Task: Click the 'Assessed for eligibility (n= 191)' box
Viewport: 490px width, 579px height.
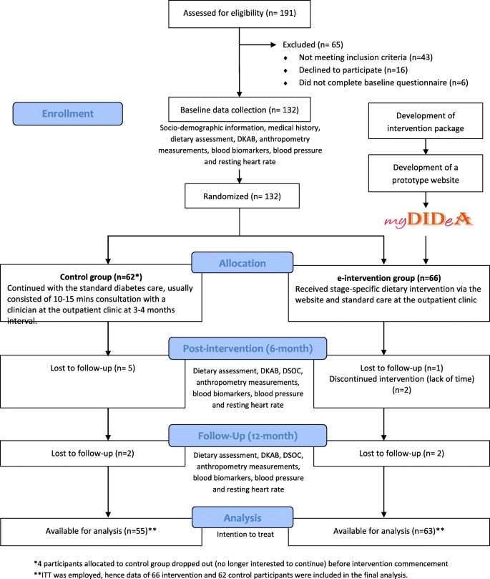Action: pyautogui.click(x=240, y=14)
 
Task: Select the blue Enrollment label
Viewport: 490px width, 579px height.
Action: pyautogui.click(x=68, y=114)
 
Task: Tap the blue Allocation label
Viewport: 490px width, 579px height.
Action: pyautogui.click(x=242, y=262)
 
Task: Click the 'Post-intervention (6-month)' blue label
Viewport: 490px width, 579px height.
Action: pyautogui.click(x=248, y=348)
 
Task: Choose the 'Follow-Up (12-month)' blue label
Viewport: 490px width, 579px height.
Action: pyautogui.click(x=248, y=436)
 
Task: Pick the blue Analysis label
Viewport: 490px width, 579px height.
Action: pyautogui.click(x=242, y=517)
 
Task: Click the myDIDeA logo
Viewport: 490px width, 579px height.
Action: pyautogui.click(x=428, y=220)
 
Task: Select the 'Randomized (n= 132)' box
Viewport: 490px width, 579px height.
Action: pyautogui.click(x=242, y=196)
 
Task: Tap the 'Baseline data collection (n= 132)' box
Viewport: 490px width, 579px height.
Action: pyautogui.click(x=240, y=110)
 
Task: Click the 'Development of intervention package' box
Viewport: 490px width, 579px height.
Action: pyautogui.click(x=426, y=121)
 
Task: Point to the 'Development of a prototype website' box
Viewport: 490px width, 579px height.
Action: pyautogui.click(x=426, y=173)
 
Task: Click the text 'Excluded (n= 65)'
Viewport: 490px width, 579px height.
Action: pyautogui.click(x=313, y=44)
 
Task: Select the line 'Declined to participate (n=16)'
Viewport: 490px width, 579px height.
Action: pyautogui.click(x=353, y=70)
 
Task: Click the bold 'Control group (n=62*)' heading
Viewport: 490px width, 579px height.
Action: pyautogui.click(x=101, y=277)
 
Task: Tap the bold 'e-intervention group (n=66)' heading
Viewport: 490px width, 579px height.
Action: pyautogui.click(x=389, y=278)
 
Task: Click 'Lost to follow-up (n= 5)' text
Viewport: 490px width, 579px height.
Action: pyautogui.click(x=92, y=368)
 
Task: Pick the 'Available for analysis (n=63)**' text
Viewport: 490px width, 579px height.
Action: pyautogui.click(x=388, y=531)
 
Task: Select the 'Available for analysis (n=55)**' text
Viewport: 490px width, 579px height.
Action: pyautogui.click(x=101, y=531)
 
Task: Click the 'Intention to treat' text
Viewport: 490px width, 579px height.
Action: pyautogui.click(x=245, y=535)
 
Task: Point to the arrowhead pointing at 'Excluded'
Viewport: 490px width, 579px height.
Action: pyautogui.click(x=273, y=44)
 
